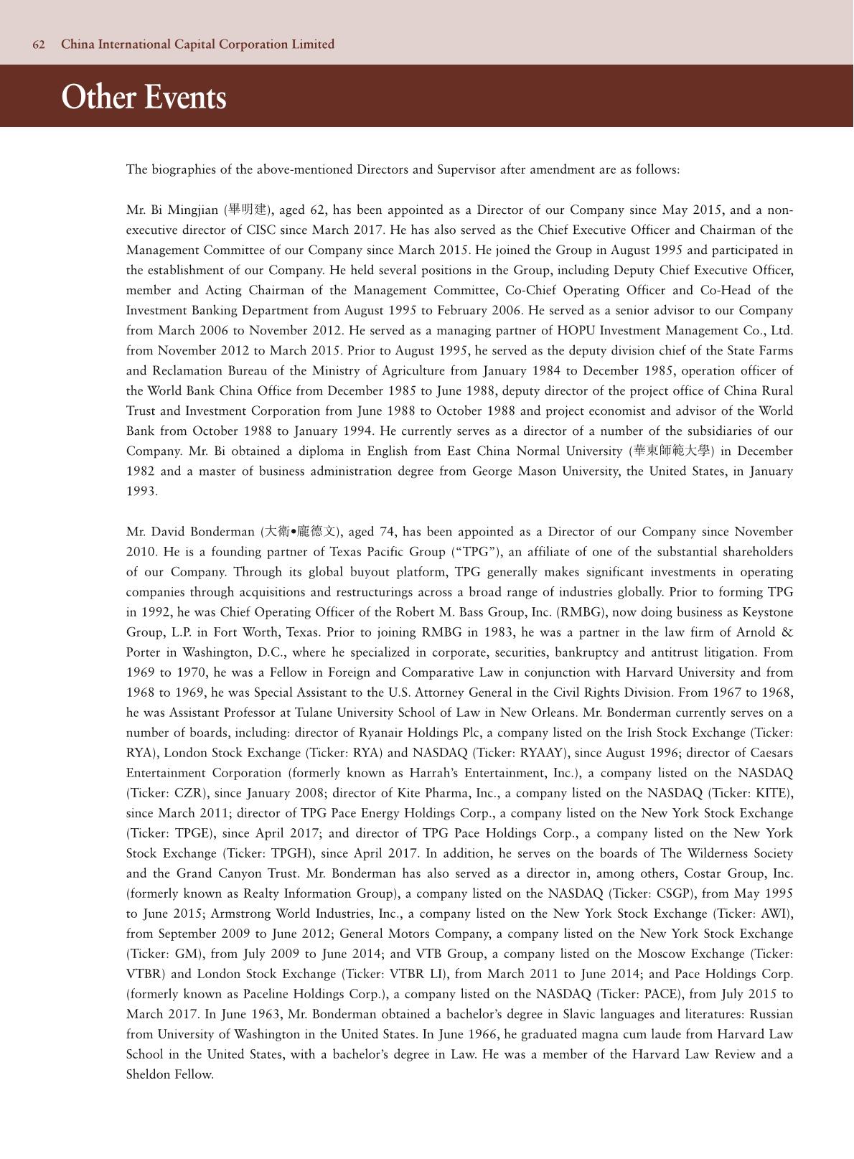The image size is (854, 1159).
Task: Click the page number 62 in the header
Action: [39, 44]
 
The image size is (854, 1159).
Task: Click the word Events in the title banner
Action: [185, 97]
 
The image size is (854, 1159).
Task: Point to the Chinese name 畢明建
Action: [248, 210]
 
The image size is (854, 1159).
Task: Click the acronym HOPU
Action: [575, 331]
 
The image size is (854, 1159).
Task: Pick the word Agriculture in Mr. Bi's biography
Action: [411, 371]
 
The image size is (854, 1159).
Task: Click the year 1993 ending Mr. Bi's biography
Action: [141, 492]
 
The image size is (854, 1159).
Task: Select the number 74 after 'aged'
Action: [387, 532]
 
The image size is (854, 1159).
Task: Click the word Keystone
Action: [767, 612]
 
